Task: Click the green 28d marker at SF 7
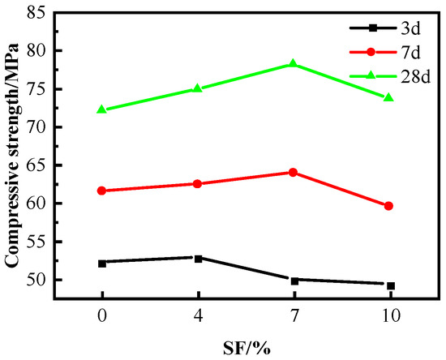coord(294,64)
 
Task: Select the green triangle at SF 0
coord(102,109)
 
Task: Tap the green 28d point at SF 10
coord(389,97)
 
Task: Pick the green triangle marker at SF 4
coord(198,88)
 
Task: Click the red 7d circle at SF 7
coord(294,172)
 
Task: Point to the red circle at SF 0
coord(102,191)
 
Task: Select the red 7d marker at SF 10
coord(389,206)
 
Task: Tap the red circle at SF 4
coord(198,184)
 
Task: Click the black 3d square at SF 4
coord(198,258)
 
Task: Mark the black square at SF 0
coord(102,263)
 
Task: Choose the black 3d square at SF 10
coord(389,285)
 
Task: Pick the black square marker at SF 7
coord(294,281)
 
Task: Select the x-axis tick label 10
coord(389,316)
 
